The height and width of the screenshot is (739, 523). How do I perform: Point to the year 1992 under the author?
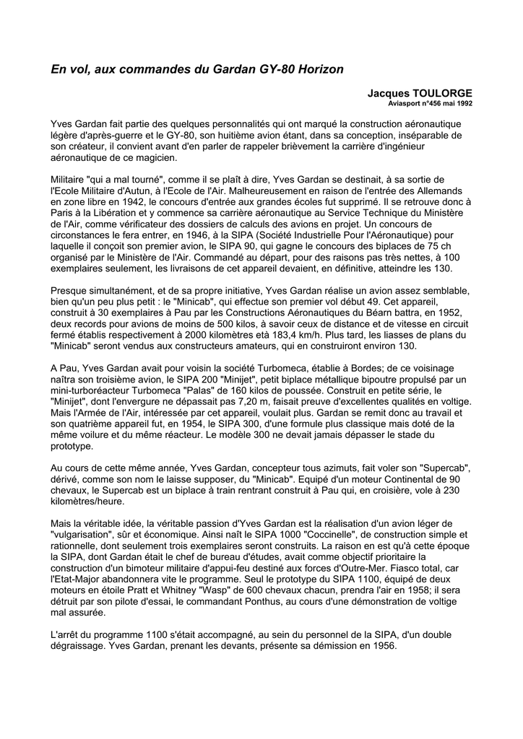[x=462, y=104]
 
